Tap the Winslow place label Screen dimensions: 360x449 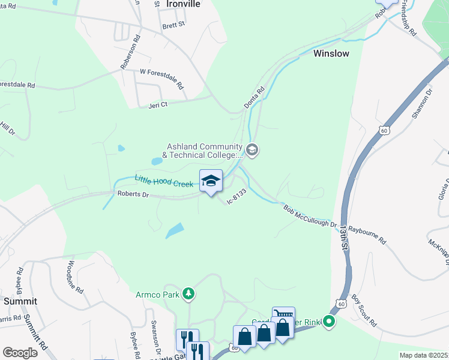point(330,53)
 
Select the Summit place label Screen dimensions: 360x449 point(20,301)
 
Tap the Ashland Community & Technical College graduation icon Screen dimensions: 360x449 point(252,150)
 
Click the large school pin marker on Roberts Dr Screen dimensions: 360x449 point(211,181)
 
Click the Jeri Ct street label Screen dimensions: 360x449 point(157,104)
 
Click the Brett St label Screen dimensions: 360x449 point(173,26)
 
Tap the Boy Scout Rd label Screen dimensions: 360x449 point(364,310)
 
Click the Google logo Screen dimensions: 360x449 point(20,352)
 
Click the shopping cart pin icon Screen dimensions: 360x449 point(283,316)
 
